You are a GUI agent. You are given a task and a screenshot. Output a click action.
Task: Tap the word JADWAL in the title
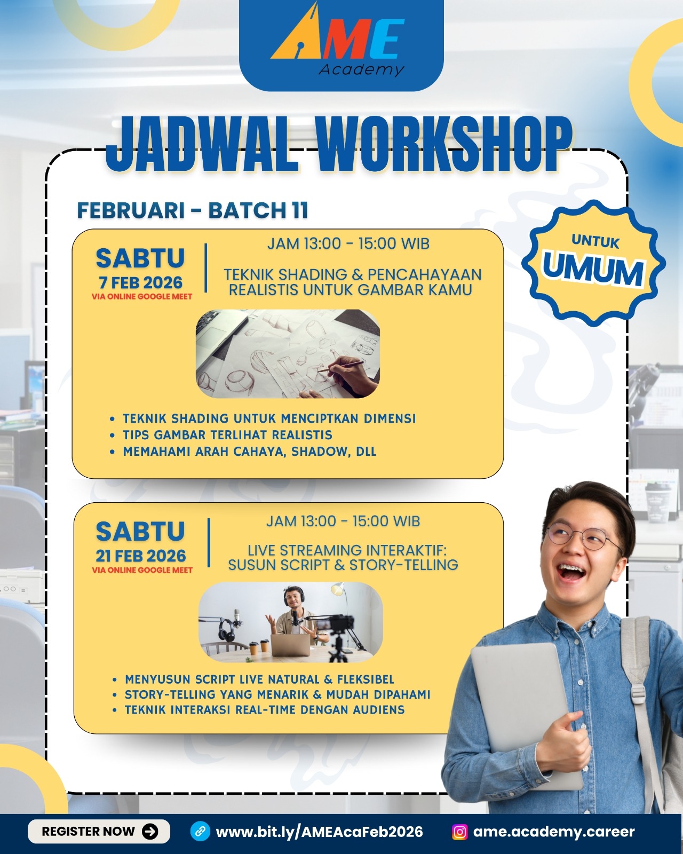pos(202,145)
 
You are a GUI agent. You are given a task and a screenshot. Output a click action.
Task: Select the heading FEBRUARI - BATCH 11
pos(193,210)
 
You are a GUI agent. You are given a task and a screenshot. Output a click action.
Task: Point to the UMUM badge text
pos(593,269)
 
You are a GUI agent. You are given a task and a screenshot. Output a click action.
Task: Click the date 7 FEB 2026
pos(140,282)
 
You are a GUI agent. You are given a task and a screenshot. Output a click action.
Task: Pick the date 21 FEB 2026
pos(140,556)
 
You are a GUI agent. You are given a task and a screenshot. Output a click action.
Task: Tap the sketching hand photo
pos(288,353)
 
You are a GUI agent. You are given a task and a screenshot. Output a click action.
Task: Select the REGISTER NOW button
pos(99,831)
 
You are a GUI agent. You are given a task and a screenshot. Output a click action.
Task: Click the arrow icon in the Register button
pos(150,831)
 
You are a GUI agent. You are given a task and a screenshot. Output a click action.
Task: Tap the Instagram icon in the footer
pos(459,832)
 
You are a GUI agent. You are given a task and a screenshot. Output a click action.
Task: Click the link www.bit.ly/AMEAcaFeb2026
pos(319,832)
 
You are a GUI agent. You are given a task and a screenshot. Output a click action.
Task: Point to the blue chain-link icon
pos(201,831)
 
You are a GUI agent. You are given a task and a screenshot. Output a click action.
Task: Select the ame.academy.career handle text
pos(554,832)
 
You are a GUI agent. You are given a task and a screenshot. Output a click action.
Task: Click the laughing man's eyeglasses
pos(583,537)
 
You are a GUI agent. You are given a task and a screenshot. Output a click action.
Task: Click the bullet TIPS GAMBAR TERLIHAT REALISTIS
pos(227,435)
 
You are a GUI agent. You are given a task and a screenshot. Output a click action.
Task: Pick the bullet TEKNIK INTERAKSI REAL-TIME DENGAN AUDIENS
pos(265,709)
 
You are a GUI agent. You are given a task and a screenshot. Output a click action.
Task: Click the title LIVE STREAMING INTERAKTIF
pos(347,550)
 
